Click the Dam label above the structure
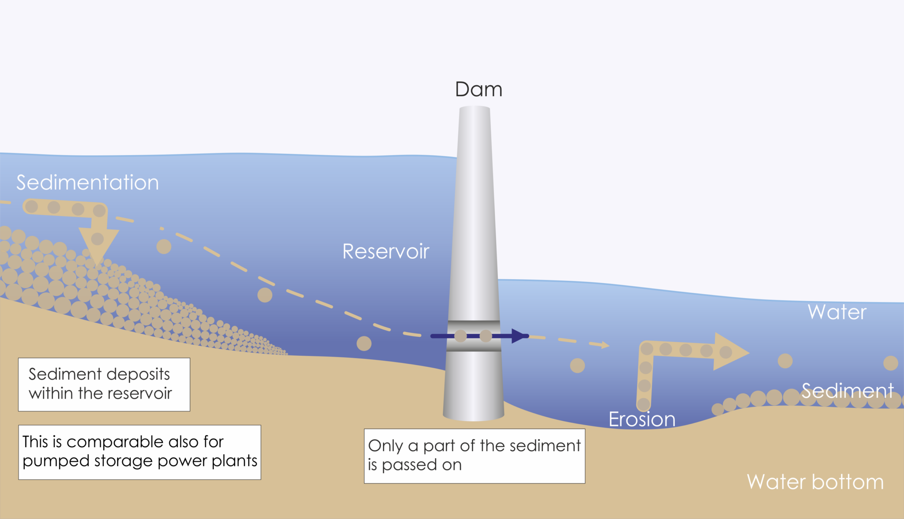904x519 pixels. [x=478, y=90]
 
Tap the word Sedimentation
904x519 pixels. [x=87, y=183]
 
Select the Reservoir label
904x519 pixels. [x=385, y=251]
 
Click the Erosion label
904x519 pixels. [x=642, y=419]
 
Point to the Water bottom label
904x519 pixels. [x=815, y=482]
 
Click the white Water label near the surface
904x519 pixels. [x=837, y=312]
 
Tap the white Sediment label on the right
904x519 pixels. [x=847, y=391]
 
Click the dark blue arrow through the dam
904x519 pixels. [x=479, y=336]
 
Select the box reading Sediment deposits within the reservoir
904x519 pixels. [x=104, y=385]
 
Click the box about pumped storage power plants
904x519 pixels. [x=139, y=452]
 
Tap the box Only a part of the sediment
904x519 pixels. [x=475, y=456]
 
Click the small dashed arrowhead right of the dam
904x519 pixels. [x=605, y=345]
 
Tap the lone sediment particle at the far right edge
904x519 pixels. [x=891, y=363]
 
